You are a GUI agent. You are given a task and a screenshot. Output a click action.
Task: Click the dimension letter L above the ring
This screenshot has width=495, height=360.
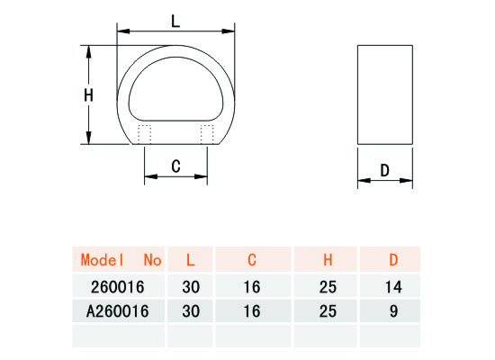coord(175,22)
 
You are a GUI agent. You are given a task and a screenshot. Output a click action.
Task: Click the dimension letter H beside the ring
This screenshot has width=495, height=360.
coord(89,95)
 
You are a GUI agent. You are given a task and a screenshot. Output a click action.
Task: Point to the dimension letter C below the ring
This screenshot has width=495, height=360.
coord(175,166)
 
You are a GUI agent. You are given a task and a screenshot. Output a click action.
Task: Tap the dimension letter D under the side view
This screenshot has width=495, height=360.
coord(385,170)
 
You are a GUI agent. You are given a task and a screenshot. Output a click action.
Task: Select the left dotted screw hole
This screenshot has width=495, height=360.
coord(144,134)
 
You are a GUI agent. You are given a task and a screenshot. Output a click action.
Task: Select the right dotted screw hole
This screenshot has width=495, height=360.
coord(207,134)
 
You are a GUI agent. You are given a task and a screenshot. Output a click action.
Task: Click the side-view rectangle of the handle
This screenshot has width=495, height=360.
coord(385,94)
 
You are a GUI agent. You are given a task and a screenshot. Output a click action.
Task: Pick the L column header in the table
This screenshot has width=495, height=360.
coord(190,259)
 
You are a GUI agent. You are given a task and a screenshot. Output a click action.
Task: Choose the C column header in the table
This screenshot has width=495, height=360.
coord(252,259)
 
